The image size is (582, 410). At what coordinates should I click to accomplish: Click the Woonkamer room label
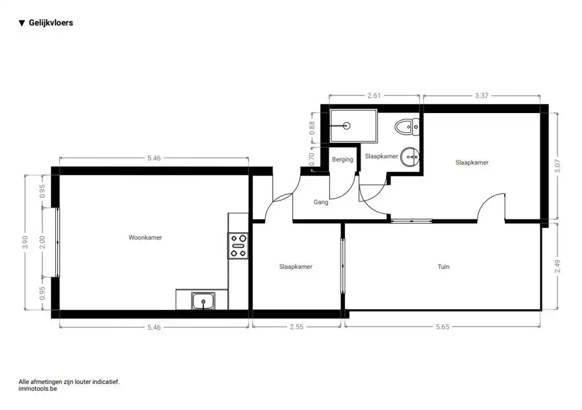point(145,237)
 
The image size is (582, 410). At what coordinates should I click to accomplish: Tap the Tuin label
point(443,266)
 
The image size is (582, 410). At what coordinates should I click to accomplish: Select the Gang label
point(321,202)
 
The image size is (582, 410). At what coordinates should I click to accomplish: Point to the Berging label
point(342,160)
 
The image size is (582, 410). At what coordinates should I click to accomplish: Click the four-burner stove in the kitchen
point(238,245)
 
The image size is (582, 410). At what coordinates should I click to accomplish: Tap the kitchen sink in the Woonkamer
point(203,300)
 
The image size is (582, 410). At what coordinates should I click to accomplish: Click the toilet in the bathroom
point(407,127)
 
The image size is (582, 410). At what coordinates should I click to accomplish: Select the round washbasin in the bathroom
point(410,157)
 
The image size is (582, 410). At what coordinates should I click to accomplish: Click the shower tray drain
point(347,125)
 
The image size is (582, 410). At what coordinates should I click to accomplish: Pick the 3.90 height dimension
point(25,242)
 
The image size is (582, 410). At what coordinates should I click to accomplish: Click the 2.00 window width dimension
point(42,242)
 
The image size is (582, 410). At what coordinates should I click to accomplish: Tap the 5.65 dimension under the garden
point(442,327)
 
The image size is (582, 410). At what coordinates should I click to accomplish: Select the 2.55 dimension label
point(297,327)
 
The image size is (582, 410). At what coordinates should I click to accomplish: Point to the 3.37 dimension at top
point(481,95)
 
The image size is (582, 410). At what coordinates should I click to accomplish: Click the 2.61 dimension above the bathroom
point(374,95)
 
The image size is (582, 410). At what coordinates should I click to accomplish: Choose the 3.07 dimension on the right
point(557,166)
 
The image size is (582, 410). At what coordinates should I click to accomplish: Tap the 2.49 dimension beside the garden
point(557,266)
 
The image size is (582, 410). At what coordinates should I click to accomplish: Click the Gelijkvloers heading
point(51,23)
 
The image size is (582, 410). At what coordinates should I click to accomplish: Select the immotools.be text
point(38,389)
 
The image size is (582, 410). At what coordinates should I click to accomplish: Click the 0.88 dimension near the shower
point(312,128)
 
